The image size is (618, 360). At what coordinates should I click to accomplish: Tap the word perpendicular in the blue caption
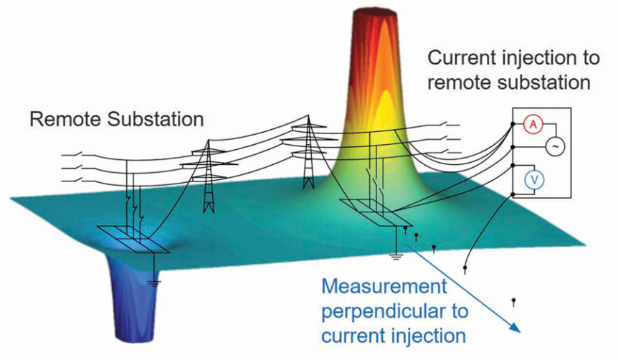394,312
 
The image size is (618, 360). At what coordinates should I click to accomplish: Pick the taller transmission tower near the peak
308,154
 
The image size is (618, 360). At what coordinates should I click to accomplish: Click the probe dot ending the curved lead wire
466,269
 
